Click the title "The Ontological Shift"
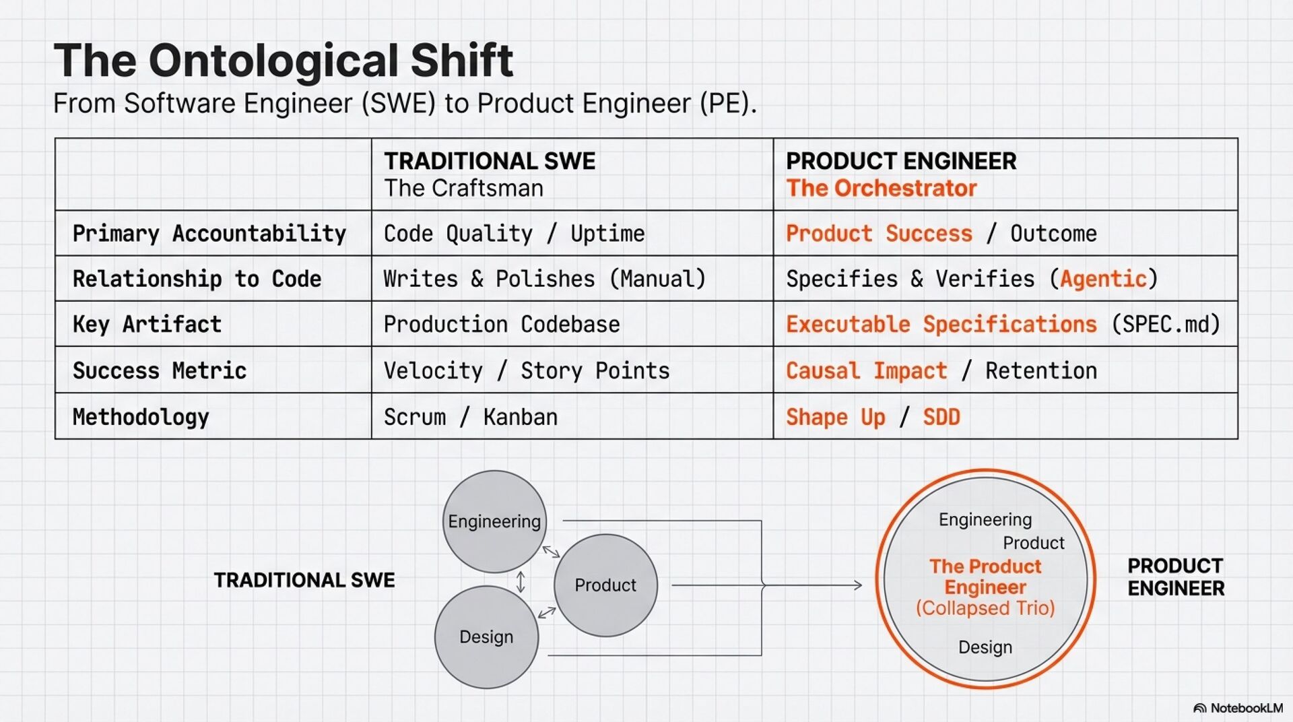283,61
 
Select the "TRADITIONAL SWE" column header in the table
490,161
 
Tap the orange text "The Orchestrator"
881,189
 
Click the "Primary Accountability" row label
209,234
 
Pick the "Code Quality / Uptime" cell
514,234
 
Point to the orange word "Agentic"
1103,279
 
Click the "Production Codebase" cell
502,325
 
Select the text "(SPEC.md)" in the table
1166,325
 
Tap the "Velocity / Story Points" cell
527,371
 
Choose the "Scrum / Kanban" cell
470,418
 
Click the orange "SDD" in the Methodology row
941,418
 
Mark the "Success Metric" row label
160,371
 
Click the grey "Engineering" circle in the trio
494,521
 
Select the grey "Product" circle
605,585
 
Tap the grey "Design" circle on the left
486,637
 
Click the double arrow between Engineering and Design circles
521,581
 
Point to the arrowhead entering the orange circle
858,585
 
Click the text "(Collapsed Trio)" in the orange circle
985,608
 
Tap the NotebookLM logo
1238,708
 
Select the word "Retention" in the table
1041,371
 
